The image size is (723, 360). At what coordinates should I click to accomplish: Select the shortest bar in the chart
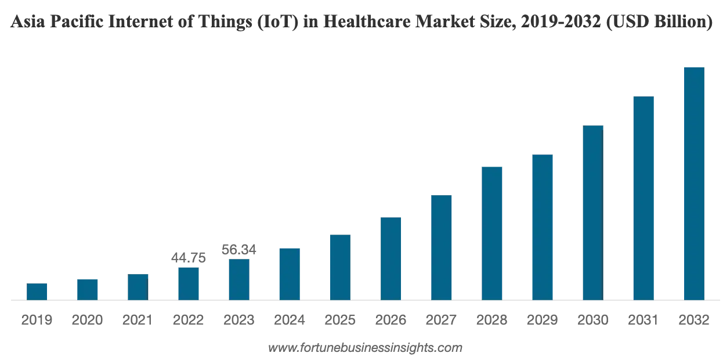(x=37, y=292)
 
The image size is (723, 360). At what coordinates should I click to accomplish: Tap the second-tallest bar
(x=643, y=197)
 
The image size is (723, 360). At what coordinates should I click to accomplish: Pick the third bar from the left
(x=138, y=287)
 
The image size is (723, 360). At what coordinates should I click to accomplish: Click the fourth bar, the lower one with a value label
(x=188, y=283)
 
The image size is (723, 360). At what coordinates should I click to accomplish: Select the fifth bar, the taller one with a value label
(x=239, y=279)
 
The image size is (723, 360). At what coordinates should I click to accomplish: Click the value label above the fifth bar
(x=239, y=250)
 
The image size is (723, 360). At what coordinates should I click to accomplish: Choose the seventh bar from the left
(x=341, y=267)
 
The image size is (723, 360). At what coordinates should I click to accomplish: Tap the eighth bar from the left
(x=392, y=258)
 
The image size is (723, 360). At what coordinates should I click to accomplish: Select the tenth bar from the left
(x=492, y=232)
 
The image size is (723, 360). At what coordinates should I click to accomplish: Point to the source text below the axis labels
(x=364, y=348)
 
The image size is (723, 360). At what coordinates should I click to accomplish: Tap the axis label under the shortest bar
(x=37, y=319)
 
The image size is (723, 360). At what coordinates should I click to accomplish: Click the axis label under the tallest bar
(x=694, y=319)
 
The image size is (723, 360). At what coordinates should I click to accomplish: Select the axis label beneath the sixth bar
(x=290, y=319)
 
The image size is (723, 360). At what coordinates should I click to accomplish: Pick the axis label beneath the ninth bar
(x=442, y=319)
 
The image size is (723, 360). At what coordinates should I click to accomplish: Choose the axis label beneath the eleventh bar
(x=543, y=319)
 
